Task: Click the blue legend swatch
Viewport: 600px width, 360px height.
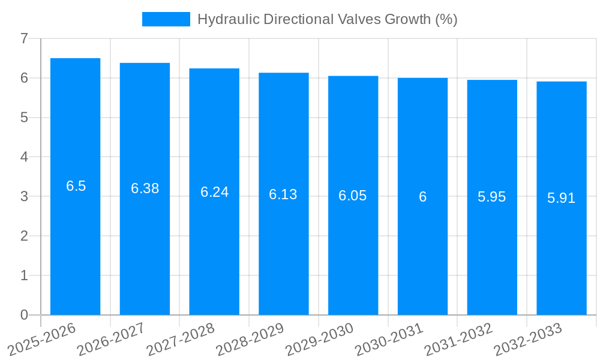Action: [166, 19]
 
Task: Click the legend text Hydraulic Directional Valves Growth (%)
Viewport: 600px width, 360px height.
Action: [327, 19]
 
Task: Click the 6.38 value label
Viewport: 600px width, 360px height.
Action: [145, 188]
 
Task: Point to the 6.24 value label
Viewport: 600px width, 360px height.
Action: [214, 192]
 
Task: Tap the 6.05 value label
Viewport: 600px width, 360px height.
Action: [353, 196]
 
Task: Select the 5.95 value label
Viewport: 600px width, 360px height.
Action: [492, 197]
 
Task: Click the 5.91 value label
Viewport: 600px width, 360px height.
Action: [561, 198]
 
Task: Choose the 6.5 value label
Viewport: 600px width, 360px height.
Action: [76, 186]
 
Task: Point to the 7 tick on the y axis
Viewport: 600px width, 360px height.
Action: [24, 38]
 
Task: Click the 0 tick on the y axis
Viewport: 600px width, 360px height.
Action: [24, 315]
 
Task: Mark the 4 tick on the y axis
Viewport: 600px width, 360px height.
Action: [24, 157]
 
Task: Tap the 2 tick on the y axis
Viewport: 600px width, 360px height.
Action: [24, 236]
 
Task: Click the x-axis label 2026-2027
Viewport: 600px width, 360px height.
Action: [112, 339]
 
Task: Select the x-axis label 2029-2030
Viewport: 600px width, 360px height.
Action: [320, 339]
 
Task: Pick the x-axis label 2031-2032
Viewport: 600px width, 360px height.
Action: [458, 339]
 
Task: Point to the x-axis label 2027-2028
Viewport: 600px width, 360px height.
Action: [181, 339]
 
